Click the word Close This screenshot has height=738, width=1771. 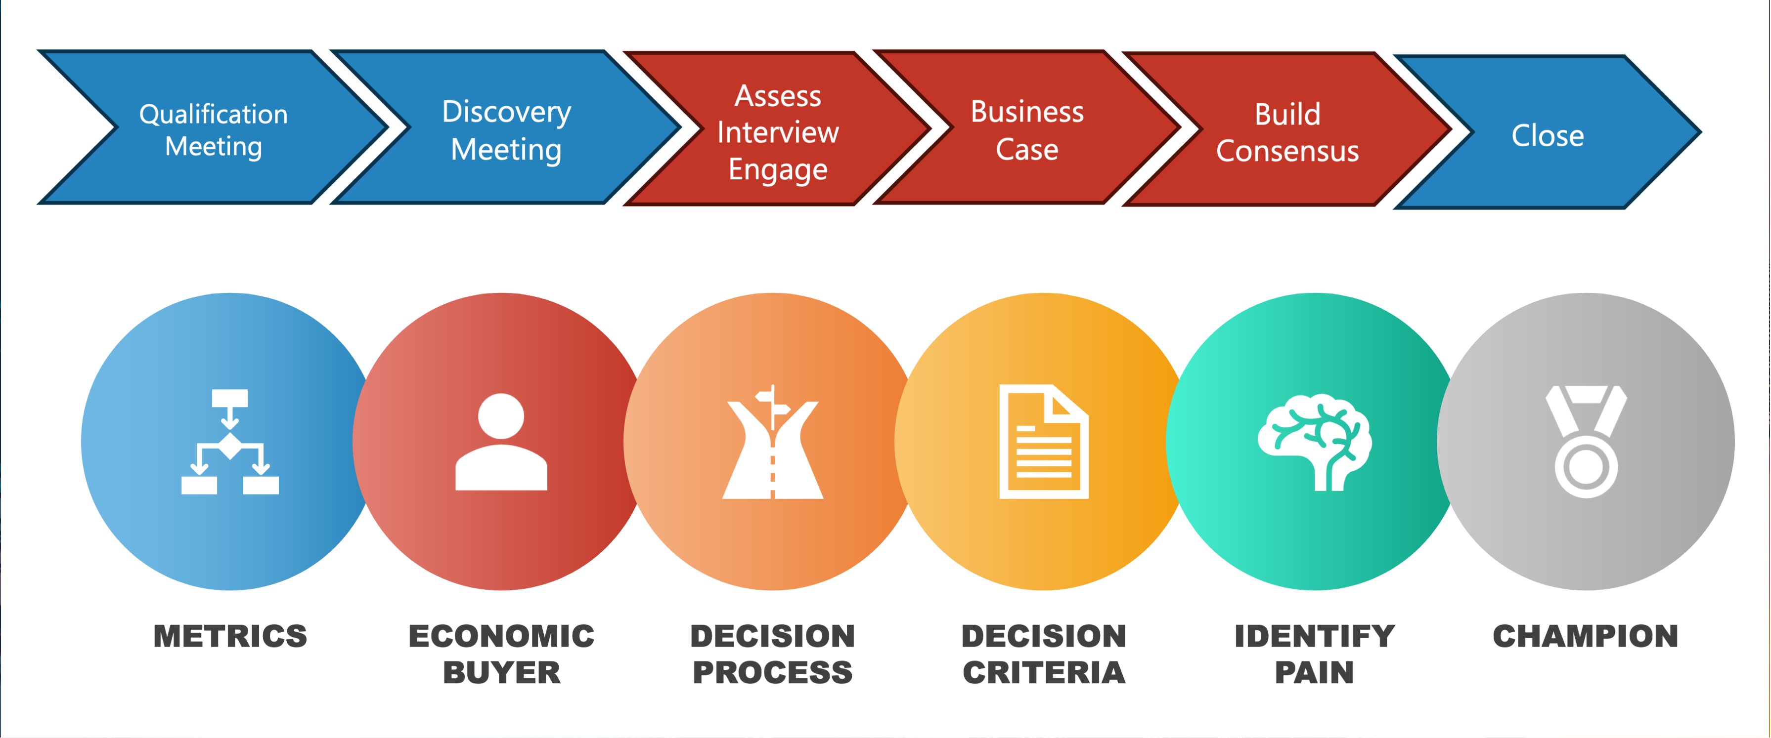tap(1548, 135)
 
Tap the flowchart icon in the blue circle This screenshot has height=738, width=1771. tap(229, 442)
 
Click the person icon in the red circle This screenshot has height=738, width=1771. tap(501, 442)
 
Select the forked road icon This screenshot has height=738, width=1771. tap(773, 442)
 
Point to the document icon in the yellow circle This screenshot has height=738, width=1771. tap(1044, 442)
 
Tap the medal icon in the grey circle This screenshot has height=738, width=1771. tap(1586, 442)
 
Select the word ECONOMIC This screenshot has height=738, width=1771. tap(501, 636)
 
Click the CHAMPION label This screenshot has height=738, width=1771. tap(1586, 636)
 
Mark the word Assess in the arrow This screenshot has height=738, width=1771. tap(778, 95)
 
